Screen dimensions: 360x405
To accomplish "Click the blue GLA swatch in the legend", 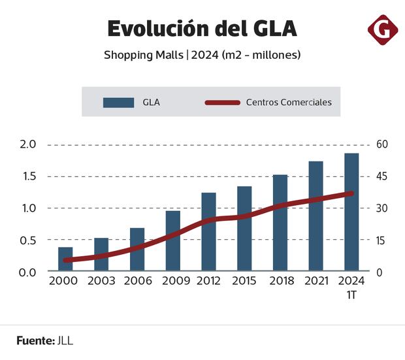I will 118,103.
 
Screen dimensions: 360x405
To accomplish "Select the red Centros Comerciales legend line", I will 222,103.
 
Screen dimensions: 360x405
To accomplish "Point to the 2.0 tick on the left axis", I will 27,144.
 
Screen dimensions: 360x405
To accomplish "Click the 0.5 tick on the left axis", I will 27,240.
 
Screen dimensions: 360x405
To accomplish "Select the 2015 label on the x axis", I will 244,280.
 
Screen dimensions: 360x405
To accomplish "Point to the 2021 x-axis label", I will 316,280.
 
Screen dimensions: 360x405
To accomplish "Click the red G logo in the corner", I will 383,29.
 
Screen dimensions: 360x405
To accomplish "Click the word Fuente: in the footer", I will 35,340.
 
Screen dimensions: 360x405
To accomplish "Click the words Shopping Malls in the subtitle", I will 144,55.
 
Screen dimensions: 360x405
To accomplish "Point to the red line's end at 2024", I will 351,193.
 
